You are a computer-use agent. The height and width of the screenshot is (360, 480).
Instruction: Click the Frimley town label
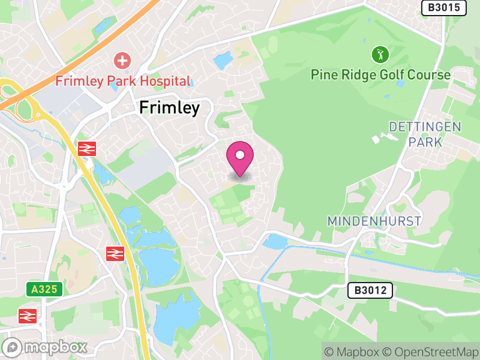point(169,108)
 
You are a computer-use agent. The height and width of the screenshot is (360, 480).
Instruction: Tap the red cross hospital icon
point(122,60)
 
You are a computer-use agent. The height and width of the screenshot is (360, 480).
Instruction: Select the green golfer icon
point(380,55)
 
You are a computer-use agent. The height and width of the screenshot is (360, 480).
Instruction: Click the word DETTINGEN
point(425,127)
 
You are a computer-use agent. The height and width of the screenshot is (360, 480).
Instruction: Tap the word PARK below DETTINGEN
point(425,142)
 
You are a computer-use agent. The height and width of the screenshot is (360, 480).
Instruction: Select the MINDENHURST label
point(374,221)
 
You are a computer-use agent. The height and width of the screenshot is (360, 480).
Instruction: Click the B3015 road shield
point(444,8)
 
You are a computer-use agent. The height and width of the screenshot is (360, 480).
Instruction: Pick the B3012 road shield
point(370,291)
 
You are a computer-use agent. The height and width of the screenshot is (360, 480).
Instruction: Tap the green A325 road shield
point(44,289)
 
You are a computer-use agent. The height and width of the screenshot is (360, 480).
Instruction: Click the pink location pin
point(240,157)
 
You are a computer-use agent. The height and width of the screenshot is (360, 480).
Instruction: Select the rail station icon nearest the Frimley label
point(87,149)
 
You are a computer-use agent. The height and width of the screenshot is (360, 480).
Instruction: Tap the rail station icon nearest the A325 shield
point(27,316)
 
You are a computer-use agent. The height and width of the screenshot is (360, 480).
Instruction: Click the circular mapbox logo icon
point(12,347)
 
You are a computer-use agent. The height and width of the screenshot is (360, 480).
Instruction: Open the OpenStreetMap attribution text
point(433,352)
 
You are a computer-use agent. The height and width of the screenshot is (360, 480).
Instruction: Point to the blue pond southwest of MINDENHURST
point(275,242)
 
